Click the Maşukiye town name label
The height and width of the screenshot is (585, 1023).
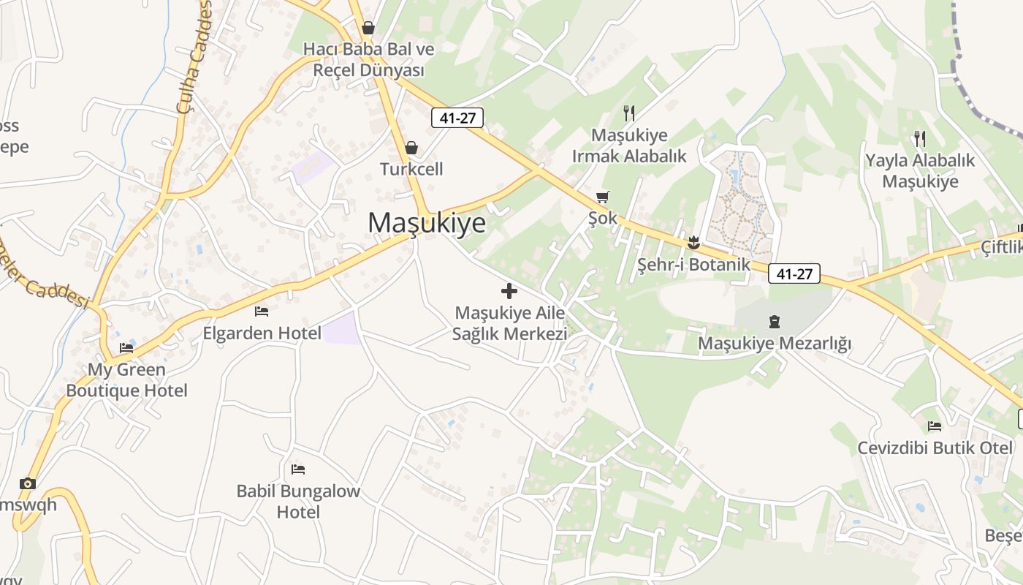(427, 222)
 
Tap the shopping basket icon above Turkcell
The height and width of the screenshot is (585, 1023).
(411, 148)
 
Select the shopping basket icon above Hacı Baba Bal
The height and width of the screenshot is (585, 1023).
(368, 28)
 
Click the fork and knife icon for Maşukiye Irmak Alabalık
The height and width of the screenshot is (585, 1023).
(628, 113)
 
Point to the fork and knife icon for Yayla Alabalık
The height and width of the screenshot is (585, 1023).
(920, 138)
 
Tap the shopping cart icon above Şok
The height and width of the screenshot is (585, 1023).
(603, 197)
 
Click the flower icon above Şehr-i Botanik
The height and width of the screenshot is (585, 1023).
(693, 243)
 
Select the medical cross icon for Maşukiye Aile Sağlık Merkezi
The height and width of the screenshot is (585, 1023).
(509, 291)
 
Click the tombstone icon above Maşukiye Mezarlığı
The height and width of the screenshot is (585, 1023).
(775, 321)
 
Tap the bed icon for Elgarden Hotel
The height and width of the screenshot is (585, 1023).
(262, 312)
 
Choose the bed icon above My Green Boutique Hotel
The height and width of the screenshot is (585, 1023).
(126, 347)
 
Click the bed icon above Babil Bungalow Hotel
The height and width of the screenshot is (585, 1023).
(298, 469)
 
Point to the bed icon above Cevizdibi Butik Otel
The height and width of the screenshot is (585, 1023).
(935, 426)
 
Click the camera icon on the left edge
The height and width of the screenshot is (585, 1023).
(28, 483)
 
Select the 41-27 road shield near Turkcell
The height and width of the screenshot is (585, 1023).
(457, 118)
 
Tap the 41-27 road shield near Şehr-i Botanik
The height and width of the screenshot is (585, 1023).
(794, 274)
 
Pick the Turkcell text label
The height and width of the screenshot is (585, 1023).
(411, 170)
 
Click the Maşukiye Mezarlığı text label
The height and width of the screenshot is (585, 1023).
(775, 343)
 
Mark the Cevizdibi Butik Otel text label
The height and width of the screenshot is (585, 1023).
(935, 448)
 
